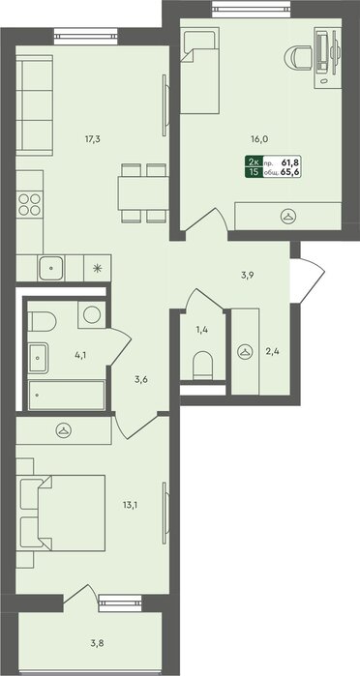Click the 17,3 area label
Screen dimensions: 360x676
93,139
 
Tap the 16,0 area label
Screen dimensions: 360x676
259,139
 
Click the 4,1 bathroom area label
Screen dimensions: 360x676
80,356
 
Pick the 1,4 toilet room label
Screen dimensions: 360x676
202,330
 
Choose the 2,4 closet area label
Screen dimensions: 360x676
273,352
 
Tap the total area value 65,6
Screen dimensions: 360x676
290,171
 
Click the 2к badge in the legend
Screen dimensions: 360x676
255,162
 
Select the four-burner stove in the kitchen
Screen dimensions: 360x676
30,204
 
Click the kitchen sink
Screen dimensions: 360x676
51,268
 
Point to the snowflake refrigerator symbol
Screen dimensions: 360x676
97,268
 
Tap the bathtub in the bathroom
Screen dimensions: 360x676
67,396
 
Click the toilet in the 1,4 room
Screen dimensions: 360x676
202,366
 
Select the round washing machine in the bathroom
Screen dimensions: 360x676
92,314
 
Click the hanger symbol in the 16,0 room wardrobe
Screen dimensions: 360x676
287,216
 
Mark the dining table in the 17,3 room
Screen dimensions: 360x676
143,192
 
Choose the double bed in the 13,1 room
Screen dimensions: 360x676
63,513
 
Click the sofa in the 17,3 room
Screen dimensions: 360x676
35,105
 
